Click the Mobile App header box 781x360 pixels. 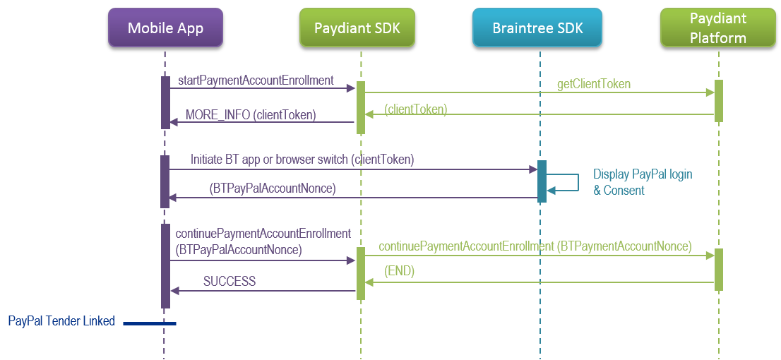(165, 28)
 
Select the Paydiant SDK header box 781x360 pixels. (356, 28)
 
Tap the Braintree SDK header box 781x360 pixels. (538, 28)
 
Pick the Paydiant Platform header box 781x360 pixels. (717, 28)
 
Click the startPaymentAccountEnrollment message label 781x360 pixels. (256, 80)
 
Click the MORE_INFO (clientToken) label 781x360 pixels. (251, 114)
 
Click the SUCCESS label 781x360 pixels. (229, 282)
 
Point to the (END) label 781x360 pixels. (399, 271)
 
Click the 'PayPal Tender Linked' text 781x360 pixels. (61, 321)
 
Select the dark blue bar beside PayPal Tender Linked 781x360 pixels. (149, 323)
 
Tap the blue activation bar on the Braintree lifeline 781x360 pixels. (542, 181)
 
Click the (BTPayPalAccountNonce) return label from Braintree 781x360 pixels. (272, 188)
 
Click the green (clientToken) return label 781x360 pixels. (415, 109)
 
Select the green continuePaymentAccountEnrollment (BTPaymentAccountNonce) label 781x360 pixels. (535, 246)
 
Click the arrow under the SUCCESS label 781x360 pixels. (261, 290)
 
